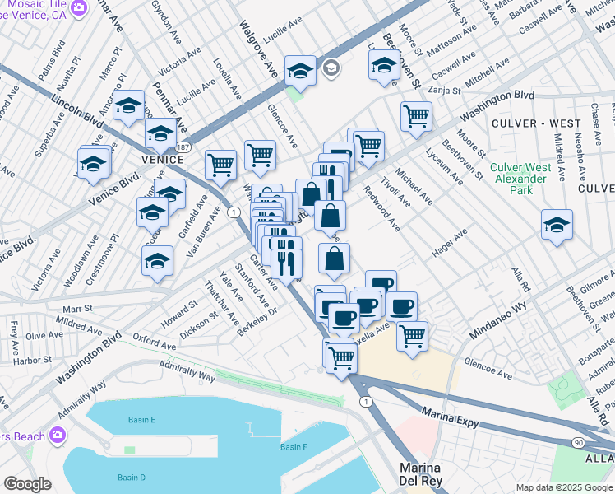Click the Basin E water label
(x=141, y=420)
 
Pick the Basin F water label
(x=293, y=447)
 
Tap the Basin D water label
(x=131, y=478)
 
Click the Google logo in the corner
(x=27, y=484)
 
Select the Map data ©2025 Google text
(x=563, y=487)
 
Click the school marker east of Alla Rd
(x=557, y=225)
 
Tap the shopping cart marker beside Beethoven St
(x=417, y=115)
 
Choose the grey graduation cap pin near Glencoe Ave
(x=331, y=68)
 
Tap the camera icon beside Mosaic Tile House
(x=79, y=9)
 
